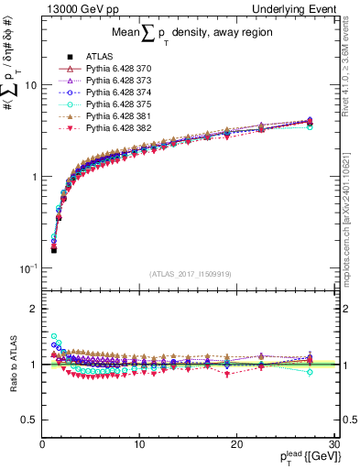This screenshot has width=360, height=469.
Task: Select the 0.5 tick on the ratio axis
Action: (29, 420)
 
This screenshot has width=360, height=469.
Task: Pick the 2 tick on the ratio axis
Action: (34, 309)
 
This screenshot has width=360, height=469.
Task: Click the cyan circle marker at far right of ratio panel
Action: (310, 372)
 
